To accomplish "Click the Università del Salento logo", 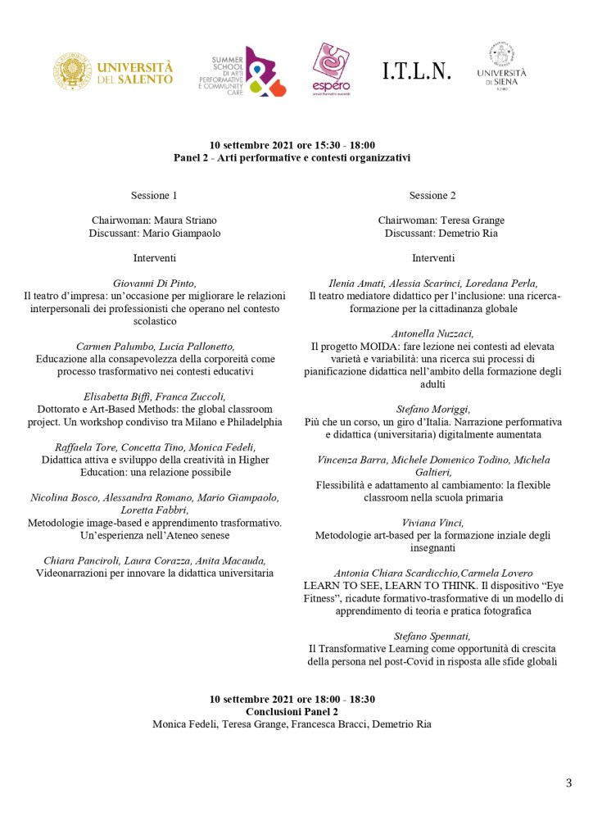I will coord(114,72).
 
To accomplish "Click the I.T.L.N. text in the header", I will coord(417,72).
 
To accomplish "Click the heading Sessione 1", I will coord(154,195).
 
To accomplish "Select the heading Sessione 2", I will coord(432,195).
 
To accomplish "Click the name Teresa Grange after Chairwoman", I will coord(474,220).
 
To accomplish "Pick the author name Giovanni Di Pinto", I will coord(155,283).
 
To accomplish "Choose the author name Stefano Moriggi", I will coord(432,410).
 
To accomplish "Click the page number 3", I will coord(568,783).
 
